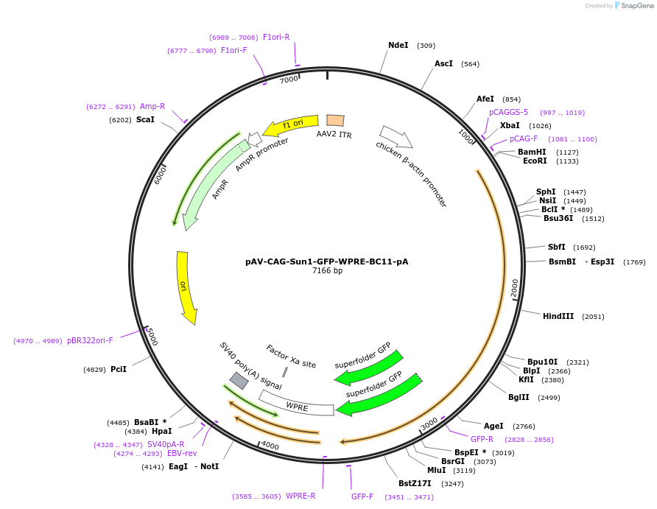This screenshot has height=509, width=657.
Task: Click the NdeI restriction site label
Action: tap(398, 45)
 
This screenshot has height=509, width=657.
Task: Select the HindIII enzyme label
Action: tap(558, 316)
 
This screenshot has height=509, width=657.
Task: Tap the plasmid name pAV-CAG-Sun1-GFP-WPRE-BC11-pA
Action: tap(327, 261)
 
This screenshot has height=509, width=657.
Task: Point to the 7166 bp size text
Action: tap(327, 271)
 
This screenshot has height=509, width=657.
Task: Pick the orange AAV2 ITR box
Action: tap(335, 120)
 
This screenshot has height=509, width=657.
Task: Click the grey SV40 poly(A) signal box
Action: tap(239, 380)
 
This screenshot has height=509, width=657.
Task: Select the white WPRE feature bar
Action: tap(297, 404)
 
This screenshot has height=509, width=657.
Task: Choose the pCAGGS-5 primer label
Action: tap(508, 112)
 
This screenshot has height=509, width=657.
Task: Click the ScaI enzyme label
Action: tap(145, 119)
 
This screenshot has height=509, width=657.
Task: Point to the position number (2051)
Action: tap(593, 317)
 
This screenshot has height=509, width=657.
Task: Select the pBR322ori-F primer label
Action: tap(90, 340)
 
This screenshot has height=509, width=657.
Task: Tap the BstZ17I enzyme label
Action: tap(415, 483)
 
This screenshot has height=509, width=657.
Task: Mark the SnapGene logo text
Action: tap(637, 6)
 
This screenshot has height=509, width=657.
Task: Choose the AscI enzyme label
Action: tap(443, 63)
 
